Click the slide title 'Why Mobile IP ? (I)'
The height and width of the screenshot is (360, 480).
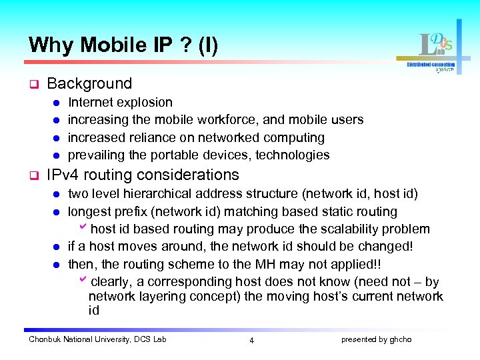(123, 45)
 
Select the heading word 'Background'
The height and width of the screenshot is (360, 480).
(89, 84)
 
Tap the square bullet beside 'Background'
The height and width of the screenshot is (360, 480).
(32, 85)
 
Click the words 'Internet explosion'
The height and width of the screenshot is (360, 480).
(120, 103)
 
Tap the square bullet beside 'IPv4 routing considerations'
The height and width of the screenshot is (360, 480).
(32, 176)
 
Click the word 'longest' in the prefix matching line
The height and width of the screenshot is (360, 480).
(89, 212)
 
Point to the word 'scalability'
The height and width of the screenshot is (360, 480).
(350, 229)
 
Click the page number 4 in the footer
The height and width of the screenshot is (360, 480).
(251, 340)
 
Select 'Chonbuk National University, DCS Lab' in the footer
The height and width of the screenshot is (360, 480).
(97, 339)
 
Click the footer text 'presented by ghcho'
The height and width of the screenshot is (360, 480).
(376, 339)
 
